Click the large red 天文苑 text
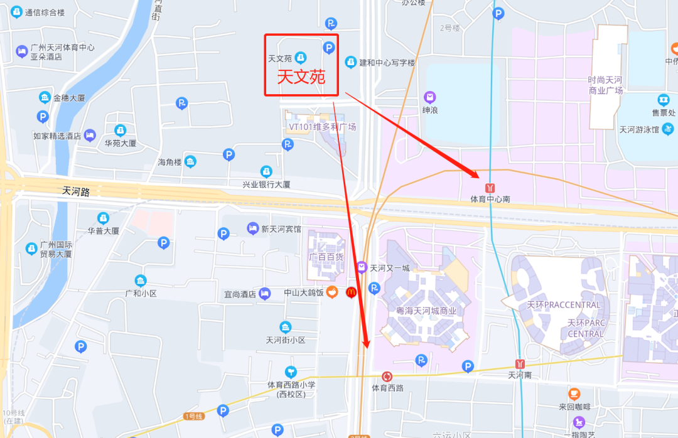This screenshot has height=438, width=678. (301, 77)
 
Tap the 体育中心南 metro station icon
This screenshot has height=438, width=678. (490, 187)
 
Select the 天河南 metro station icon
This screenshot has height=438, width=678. (520, 363)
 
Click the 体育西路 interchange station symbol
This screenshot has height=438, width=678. (387, 377)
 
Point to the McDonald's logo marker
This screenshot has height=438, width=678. (352, 292)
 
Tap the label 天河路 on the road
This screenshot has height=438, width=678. (77, 191)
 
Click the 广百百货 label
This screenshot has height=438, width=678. (326, 257)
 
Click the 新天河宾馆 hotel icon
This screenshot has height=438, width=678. (252, 228)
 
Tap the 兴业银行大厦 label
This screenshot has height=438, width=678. (266, 184)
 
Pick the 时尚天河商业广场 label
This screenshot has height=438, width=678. (605, 85)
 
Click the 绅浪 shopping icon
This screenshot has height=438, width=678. (429, 97)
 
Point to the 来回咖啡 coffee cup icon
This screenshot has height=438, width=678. (574, 393)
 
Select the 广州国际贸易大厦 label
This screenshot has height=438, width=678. (56, 249)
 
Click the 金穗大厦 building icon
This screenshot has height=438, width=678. (45, 97)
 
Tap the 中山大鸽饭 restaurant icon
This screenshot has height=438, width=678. (332, 292)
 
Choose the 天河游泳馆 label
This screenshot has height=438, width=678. (639, 130)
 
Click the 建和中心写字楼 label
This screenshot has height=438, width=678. (387, 63)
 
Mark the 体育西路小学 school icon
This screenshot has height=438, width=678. (290, 371)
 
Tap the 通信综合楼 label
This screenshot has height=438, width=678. (45, 13)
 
